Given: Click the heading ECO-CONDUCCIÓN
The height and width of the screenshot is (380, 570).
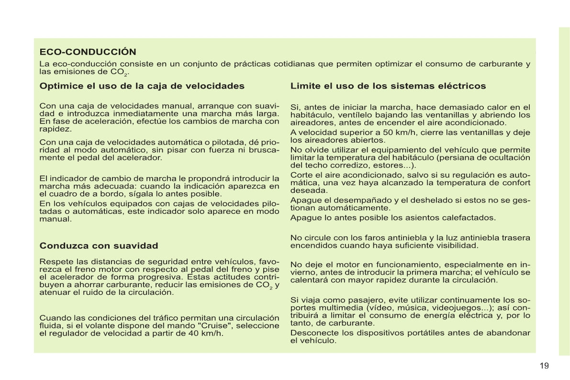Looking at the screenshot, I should point(88,52).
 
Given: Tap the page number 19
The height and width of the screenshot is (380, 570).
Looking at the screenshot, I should point(544,366).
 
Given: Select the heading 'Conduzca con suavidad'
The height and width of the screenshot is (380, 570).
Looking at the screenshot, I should point(99,246).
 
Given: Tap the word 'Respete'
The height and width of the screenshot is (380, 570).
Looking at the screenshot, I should point(55,262).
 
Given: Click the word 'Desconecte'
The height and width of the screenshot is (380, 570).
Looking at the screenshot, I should point(313,333).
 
